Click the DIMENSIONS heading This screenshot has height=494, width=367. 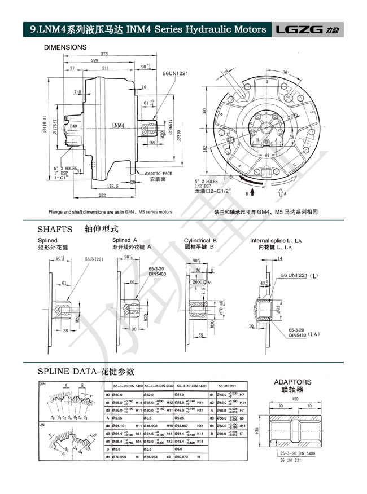coord(65,47)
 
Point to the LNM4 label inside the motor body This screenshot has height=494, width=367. coord(119,126)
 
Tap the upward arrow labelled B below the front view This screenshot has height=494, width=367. coord(252,193)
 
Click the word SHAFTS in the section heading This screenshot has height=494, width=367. coord(55,229)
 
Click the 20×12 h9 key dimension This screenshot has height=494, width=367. coord(200,281)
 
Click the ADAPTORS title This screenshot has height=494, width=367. coord(292,382)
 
